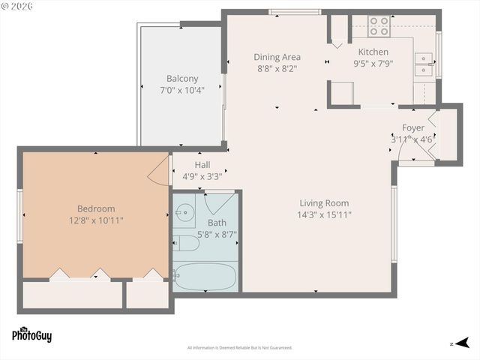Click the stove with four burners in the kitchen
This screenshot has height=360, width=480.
[379, 27]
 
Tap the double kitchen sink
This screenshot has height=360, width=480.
[424, 64]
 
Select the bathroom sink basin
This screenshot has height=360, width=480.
[183, 213]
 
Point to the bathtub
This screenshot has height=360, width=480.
[204, 277]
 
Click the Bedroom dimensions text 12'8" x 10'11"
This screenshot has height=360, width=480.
[96, 220]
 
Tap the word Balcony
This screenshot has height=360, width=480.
[182, 78]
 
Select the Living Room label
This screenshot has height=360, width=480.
[324, 202]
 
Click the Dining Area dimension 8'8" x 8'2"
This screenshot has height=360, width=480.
[277, 68]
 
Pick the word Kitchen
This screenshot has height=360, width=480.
[373, 52]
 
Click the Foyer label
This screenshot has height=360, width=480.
[413, 127]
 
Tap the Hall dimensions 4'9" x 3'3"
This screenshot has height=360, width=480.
[202, 177]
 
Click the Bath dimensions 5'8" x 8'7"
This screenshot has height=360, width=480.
[217, 234]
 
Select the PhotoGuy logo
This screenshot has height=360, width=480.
[31, 334]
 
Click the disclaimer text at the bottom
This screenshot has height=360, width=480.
[239, 347]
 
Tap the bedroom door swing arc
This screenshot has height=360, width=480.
[160, 170]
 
